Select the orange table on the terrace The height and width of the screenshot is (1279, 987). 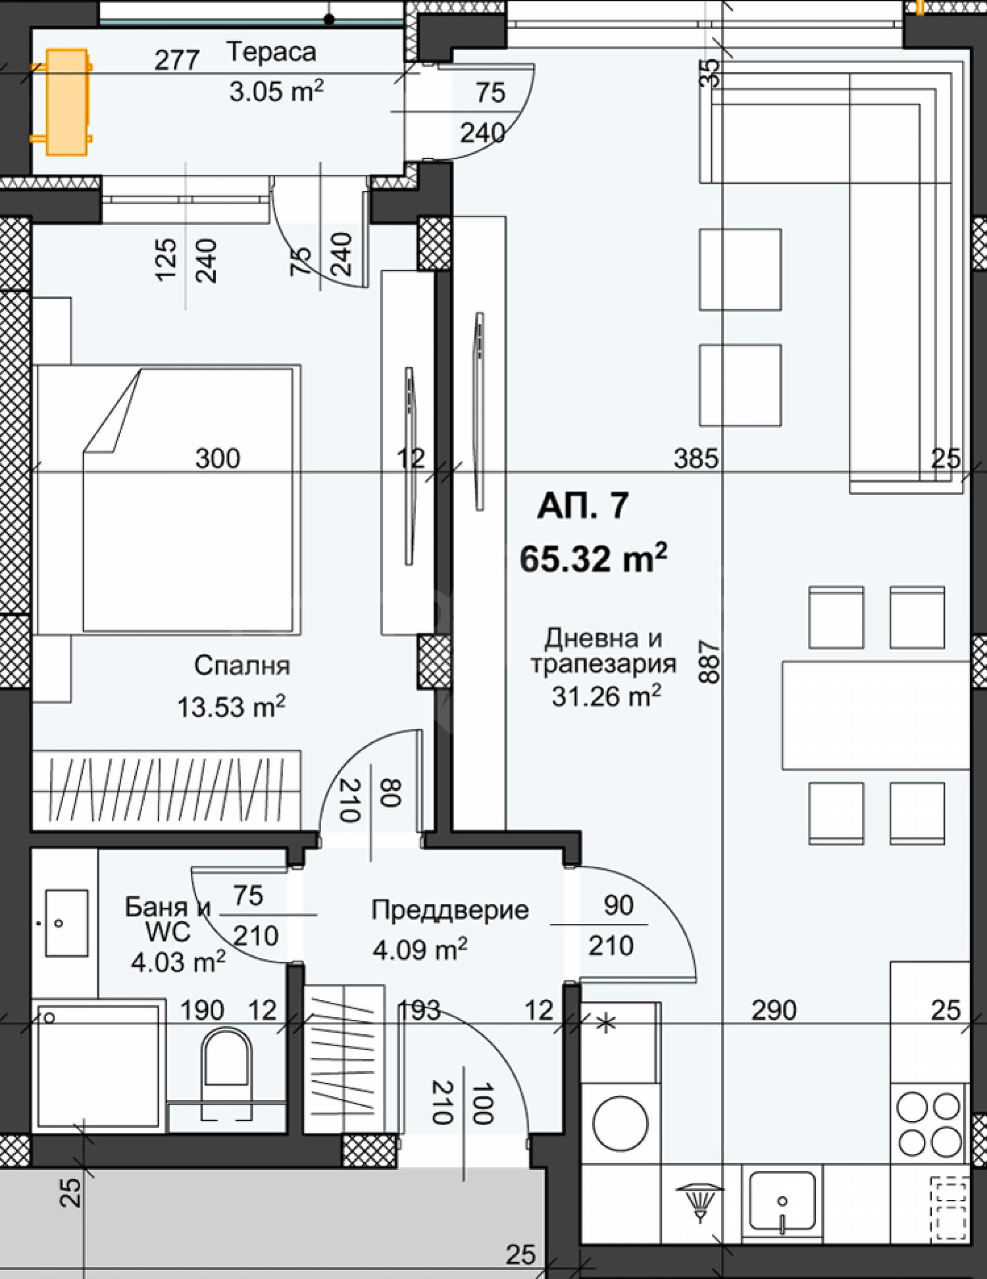(66, 103)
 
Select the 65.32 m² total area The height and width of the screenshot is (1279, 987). (593, 558)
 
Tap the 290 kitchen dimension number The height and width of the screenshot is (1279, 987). (774, 1010)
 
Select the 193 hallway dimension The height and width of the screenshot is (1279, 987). (419, 1010)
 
